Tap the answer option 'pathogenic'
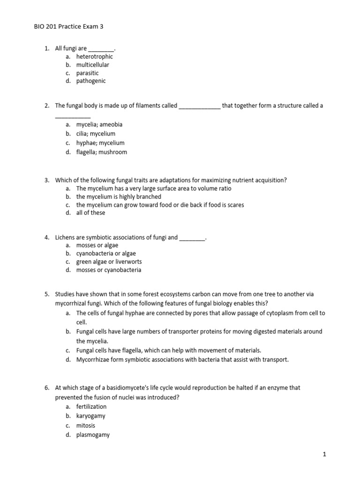tap(91, 81)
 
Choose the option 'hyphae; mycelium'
tap(100, 143)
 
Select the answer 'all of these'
tap(91, 213)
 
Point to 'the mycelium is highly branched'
tap(119, 197)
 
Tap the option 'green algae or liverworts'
tap(109, 262)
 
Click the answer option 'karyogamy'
tap(91, 416)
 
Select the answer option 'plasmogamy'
tap(93, 435)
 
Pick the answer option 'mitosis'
tap(86, 426)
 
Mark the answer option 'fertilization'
tap(91, 406)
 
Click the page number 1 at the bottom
tap(324, 454)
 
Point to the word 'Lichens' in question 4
tap(66, 238)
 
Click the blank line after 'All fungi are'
tap(101, 49)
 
